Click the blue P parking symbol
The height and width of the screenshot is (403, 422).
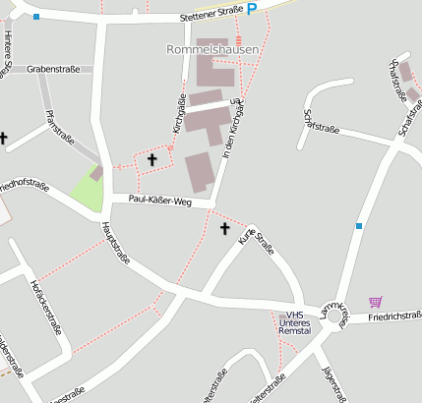tap(252, 9)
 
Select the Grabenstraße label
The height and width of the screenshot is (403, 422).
tap(53, 69)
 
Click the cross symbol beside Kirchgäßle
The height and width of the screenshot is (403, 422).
tap(151, 158)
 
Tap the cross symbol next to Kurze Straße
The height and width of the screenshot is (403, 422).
tap(224, 229)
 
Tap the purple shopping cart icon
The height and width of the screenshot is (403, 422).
tap(376, 302)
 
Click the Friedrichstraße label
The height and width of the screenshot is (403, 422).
tap(395, 317)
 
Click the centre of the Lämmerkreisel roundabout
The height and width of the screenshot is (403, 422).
tap(337, 317)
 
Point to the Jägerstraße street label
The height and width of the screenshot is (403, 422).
tap(334, 383)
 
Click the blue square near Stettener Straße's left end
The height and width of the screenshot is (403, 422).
tap(36, 17)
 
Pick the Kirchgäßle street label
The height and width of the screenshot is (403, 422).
tap(179, 115)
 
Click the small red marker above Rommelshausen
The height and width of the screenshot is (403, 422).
tap(237, 39)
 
